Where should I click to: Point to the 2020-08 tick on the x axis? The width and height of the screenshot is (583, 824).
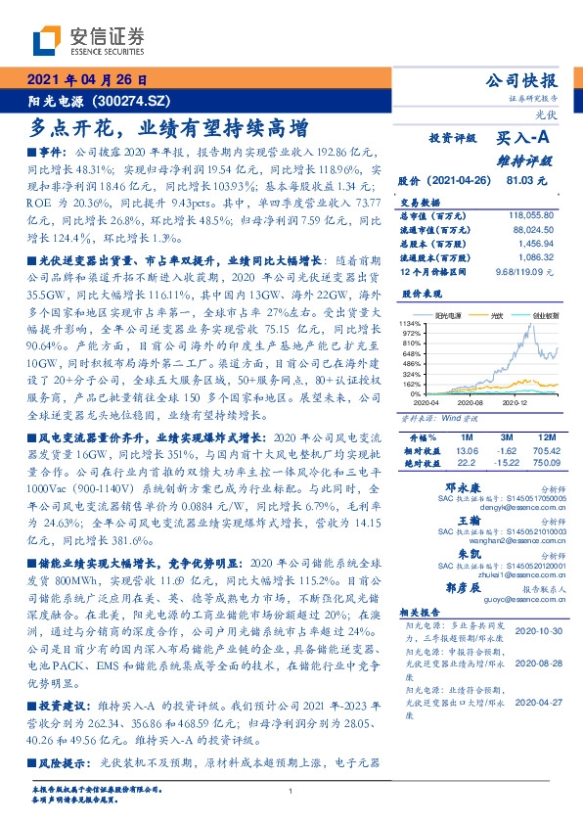coord(471,401)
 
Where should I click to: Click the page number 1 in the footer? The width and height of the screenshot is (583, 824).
coord(291,792)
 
